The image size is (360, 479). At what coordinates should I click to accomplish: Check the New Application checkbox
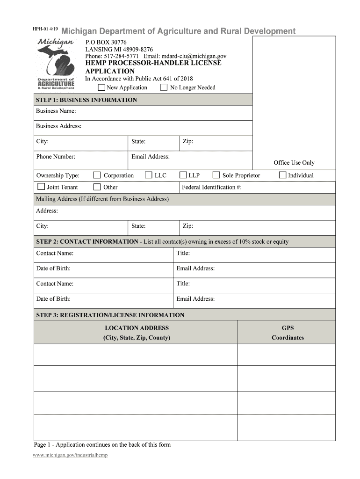pyautogui.click(x=101, y=87)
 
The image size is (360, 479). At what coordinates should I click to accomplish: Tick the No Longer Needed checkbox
pyautogui.click(x=164, y=87)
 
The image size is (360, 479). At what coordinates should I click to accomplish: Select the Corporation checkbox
pyautogui.click(x=97, y=175)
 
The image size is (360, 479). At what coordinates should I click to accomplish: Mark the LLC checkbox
pyautogui.click(x=148, y=175)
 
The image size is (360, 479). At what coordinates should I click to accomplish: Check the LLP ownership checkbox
pyautogui.click(x=183, y=175)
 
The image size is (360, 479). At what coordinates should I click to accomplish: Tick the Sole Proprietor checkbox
pyautogui.click(x=216, y=175)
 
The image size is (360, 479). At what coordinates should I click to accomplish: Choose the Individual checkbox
pyautogui.click(x=282, y=175)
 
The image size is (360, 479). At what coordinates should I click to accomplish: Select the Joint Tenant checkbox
pyautogui.click(x=41, y=187)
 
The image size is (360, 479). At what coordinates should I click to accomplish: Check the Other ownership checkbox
pyautogui.click(x=97, y=187)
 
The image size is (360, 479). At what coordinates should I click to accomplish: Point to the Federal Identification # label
pyautogui.click(x=211, y=187)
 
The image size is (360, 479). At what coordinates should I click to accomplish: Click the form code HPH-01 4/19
pyautogui.click(x=45, y=29)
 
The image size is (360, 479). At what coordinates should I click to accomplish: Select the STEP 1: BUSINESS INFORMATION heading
pyautogui.click(x=86, y=100)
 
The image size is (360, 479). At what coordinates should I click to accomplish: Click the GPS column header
pyautogui.click(x=288, y=328)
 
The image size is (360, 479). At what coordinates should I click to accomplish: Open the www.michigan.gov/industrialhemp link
pyautogui.click(x=71, y=455)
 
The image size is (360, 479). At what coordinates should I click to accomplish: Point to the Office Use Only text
pyautogui.click(x=294, y=163)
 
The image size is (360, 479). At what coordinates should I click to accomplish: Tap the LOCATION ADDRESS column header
pyautogui.click(x=137, y=328)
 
